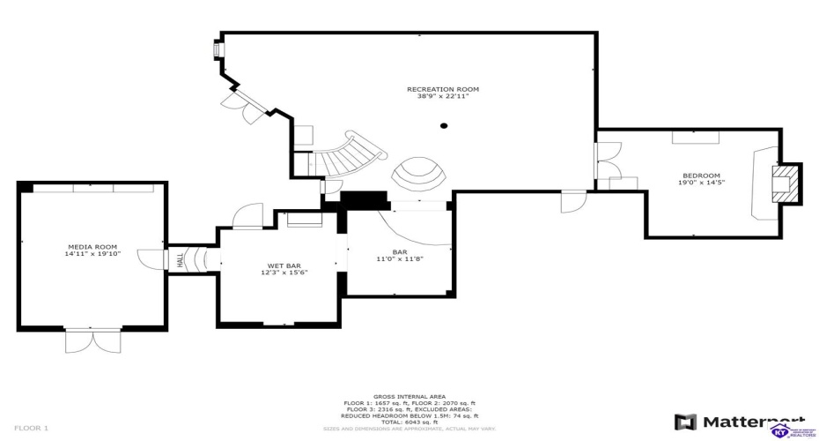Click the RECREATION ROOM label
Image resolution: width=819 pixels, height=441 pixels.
(x=443, y=89)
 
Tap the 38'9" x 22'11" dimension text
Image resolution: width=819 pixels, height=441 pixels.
(x=443, y=96)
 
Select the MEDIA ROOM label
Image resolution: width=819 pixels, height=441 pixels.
(x=92, y=246)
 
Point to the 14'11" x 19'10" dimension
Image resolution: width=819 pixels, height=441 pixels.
(x=92, y=253)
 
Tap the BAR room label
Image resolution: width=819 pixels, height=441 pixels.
(x=399, y=250)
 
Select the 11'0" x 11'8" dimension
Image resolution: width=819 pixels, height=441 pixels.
(x=399, y=258)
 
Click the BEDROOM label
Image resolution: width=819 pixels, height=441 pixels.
(x=701, y=176)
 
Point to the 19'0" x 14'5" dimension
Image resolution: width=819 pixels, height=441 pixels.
(x=701, y=183)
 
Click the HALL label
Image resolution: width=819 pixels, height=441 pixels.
(x=180, y=260)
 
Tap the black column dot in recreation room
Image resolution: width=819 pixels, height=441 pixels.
(x=444, y=126)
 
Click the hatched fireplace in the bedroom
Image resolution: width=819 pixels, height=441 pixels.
(x=786, y=183)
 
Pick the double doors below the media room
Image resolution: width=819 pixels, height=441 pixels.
(x=92, y=340)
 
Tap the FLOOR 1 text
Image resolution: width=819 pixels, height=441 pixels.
(x=32, y=428)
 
